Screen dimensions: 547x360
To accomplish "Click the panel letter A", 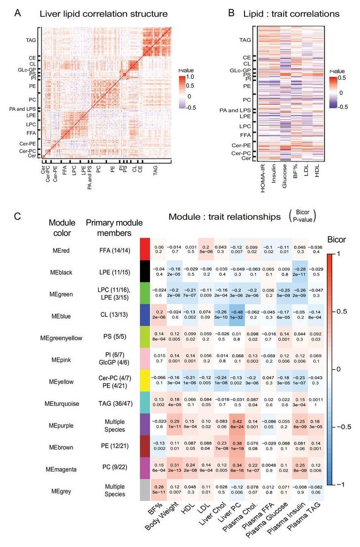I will (18, 13).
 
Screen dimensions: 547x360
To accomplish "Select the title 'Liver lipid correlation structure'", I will (104, 14).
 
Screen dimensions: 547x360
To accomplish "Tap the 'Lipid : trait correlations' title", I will (291, 14).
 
